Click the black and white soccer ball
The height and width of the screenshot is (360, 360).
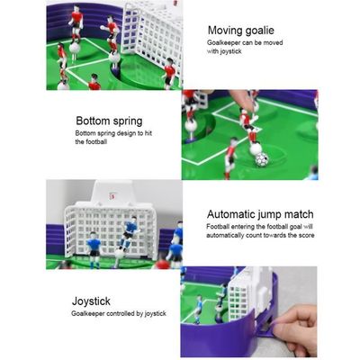click(261, 159)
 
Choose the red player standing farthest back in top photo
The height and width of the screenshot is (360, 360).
click(75, 18)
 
